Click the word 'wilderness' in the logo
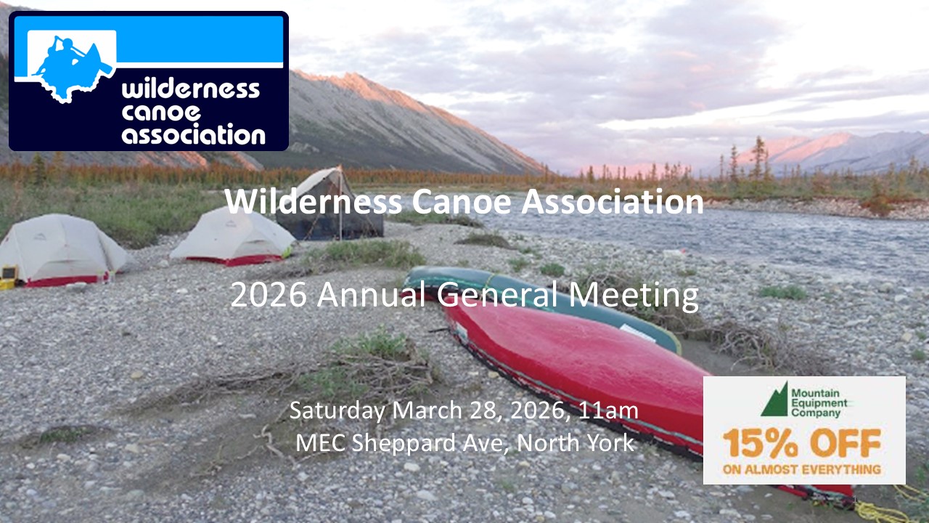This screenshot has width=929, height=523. click(x=191, y=89)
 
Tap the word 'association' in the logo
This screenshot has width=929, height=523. click(x=193, y=134)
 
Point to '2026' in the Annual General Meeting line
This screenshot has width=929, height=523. click(x=269, y=295)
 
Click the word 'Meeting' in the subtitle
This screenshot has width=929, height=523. click(x=634, y=296)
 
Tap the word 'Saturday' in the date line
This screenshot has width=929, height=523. click(x=337, y=410)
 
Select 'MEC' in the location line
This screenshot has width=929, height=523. click(x=320, y=442)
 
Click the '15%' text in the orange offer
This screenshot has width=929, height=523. click(x=760, y=444)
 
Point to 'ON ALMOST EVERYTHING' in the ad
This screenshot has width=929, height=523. click(x=802, y=469)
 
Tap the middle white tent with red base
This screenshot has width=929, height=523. click(x=232, y=238)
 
